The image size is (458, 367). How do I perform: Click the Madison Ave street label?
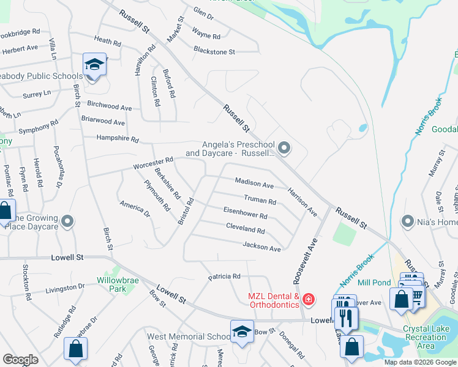point(254,183)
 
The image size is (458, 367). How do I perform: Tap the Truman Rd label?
point(260,200)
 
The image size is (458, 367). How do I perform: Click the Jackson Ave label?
point(261,248)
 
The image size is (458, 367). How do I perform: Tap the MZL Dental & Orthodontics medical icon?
point(309,299)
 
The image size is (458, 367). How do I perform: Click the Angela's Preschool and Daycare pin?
point(284,147)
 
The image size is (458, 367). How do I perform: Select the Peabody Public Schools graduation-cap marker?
point(95,65)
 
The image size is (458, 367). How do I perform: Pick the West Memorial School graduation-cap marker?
point(242,332)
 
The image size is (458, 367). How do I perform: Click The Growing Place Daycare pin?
point(68,220)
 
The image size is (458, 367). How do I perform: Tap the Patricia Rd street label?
point(223,276)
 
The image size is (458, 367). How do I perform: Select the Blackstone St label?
point(214,52)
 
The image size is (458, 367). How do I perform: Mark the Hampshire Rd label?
point(118,139)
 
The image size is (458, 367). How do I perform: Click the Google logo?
point(20,360)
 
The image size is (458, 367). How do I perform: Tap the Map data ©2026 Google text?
point(420,362)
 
